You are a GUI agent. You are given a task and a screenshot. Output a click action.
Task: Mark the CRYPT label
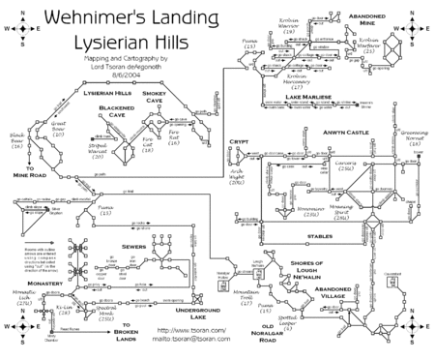[x=240, y=141]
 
